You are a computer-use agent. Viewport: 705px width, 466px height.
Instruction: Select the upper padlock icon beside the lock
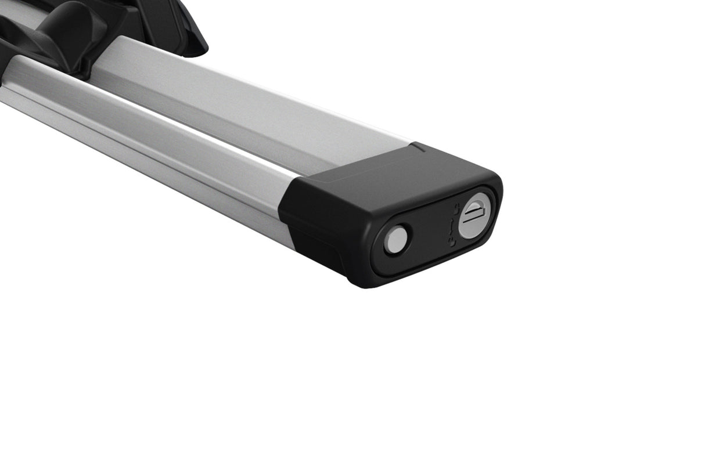(456, 208)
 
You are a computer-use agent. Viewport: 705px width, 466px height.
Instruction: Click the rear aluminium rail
(244, 110)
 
